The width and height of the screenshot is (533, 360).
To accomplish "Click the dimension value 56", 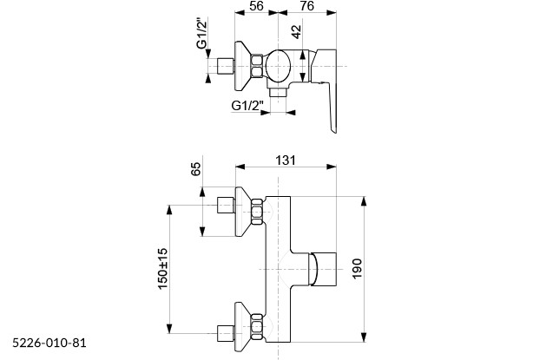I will [256, 6].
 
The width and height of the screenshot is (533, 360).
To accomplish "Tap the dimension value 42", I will [297, 32].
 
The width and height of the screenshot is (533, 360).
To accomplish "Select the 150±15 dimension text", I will [162, 269].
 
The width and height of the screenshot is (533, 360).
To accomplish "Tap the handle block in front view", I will [326, 270].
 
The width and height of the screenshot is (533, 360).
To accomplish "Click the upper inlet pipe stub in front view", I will [226, 206].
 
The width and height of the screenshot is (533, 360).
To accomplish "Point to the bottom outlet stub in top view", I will [280, 90].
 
